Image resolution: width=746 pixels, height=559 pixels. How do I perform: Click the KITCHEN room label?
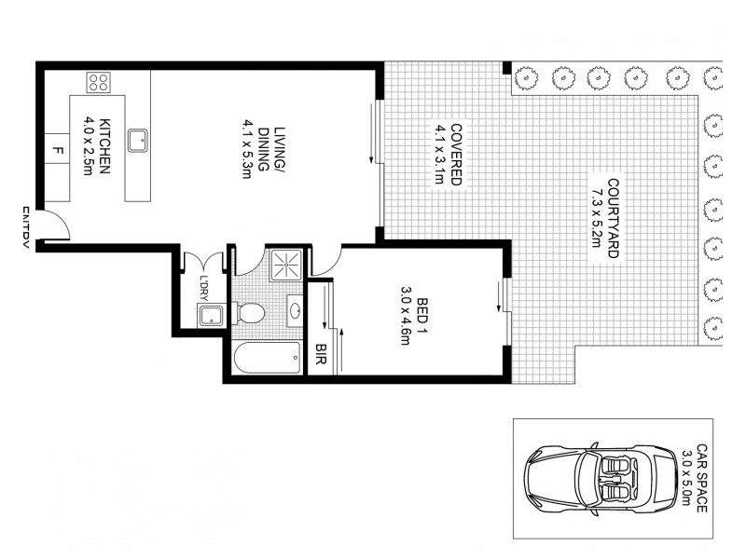coord(105,145)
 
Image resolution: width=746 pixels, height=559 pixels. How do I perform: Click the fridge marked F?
coord(58,149)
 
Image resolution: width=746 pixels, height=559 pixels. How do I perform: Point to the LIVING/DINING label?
coord(269,149)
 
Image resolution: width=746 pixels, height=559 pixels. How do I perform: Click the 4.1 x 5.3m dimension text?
coord(249,149)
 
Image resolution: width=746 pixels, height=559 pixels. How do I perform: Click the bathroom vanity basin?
coord(295,311)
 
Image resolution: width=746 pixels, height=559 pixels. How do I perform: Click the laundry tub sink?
coord(211,315)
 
